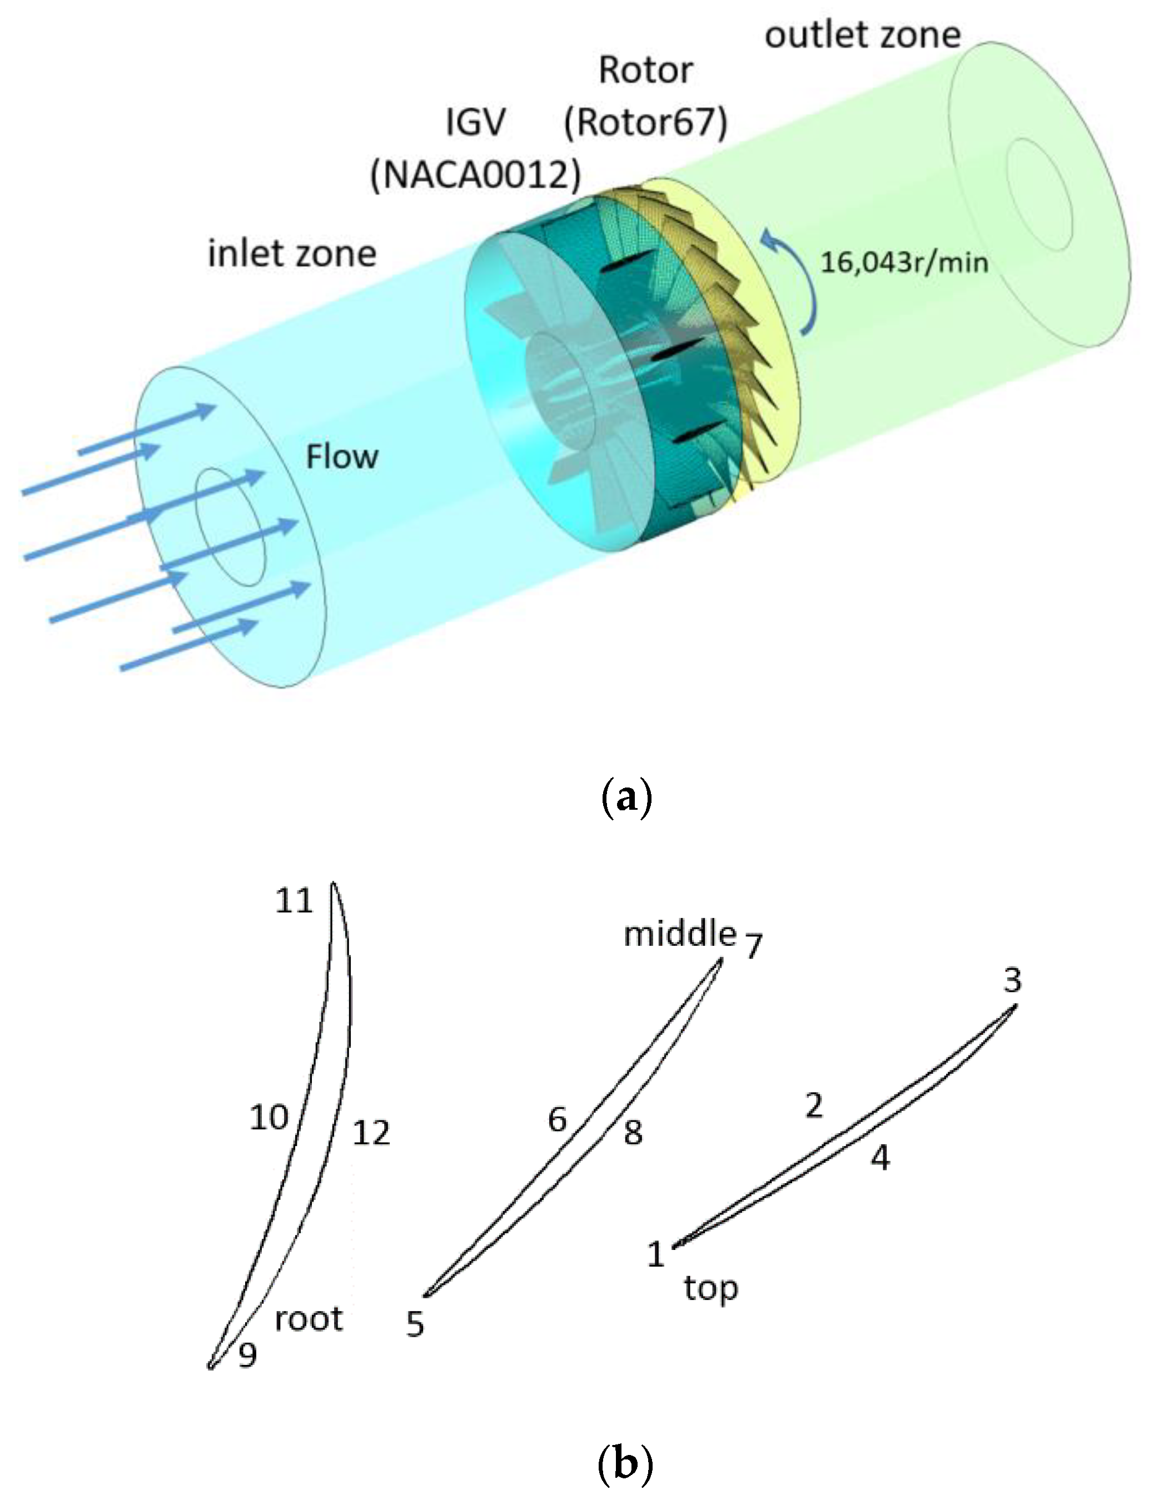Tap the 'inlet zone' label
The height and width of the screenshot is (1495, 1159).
pos(292,254)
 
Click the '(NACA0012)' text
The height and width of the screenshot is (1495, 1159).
pos(475,175)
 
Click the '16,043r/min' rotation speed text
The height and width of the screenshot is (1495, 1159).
pos(904,262)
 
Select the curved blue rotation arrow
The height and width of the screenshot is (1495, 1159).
pos(798,281)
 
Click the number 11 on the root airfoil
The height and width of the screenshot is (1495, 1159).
pos(294,901)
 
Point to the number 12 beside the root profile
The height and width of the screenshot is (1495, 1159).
pos(371,1133)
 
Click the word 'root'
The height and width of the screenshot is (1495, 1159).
pos(309,1318)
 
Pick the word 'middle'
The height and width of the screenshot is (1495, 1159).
pos(680,934)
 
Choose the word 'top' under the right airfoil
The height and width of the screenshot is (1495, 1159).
pos(710,1288)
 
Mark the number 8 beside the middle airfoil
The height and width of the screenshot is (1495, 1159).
pos(633,1133)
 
